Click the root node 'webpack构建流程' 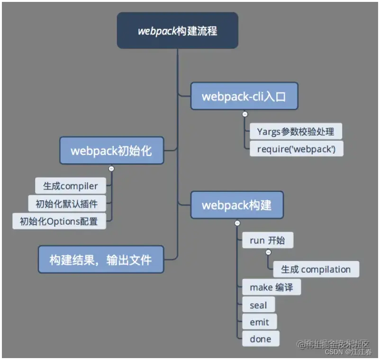point(177,31)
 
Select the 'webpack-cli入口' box point(244,96)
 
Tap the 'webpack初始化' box point(111,151)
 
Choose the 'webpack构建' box point(236,205)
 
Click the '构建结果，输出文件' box point(101,259)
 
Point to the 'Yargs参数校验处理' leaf point(296,131)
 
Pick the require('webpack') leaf point(296,149)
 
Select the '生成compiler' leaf point(71,186)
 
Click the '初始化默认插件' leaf point(67,204)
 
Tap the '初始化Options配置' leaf point(59,221)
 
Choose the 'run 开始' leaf point(267,240)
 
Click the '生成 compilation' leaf point(316,270)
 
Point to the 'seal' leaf point(258,305)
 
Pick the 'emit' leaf point(259,322)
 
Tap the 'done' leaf point(261,339)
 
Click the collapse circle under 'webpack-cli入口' point(244,114)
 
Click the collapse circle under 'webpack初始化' point(111,168)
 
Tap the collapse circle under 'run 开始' point(268,252)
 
